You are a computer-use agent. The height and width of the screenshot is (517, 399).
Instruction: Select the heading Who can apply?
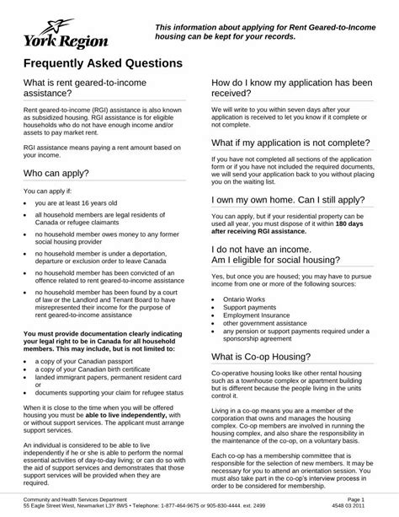(x=61, y=173)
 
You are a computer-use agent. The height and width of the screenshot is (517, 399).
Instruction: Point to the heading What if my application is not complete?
(x=292, y=143)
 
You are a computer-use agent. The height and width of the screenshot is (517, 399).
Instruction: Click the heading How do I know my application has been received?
(x=296, y=91)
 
